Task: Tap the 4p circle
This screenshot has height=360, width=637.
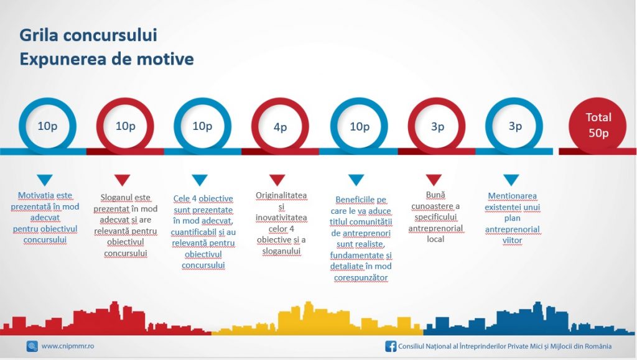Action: click(x=280, y=126)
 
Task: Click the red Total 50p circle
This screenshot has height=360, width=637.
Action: click(x=598, y=125)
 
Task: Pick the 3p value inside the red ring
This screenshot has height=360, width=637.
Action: click(x=437, y=127)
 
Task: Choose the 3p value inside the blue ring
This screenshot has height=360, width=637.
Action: click(x=514, y=126)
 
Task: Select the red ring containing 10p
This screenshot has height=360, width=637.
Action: click(x=125, y=126)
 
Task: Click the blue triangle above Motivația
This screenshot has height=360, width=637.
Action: click(x=45, y=180)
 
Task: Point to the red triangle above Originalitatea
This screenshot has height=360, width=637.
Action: click(x=277, y=180)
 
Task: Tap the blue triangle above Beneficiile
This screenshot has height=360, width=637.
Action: click(x=356, y=180)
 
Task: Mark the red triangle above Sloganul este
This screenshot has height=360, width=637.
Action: click(x=122, y=180)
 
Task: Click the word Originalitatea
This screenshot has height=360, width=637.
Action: click(x=281, y=195)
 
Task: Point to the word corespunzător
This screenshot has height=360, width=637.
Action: click(x=361, y=277)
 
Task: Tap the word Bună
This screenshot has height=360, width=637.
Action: click(x=435, y=195)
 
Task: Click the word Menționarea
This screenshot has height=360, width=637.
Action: click(x=513, y=196)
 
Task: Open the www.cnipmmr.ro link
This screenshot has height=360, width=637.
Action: click(x=68, y=346)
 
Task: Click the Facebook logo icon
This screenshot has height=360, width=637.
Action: click(x=391, y=346)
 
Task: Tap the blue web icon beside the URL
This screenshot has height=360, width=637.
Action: click(x=32, y=346)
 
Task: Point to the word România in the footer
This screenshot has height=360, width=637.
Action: click(x=598, y=346)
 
